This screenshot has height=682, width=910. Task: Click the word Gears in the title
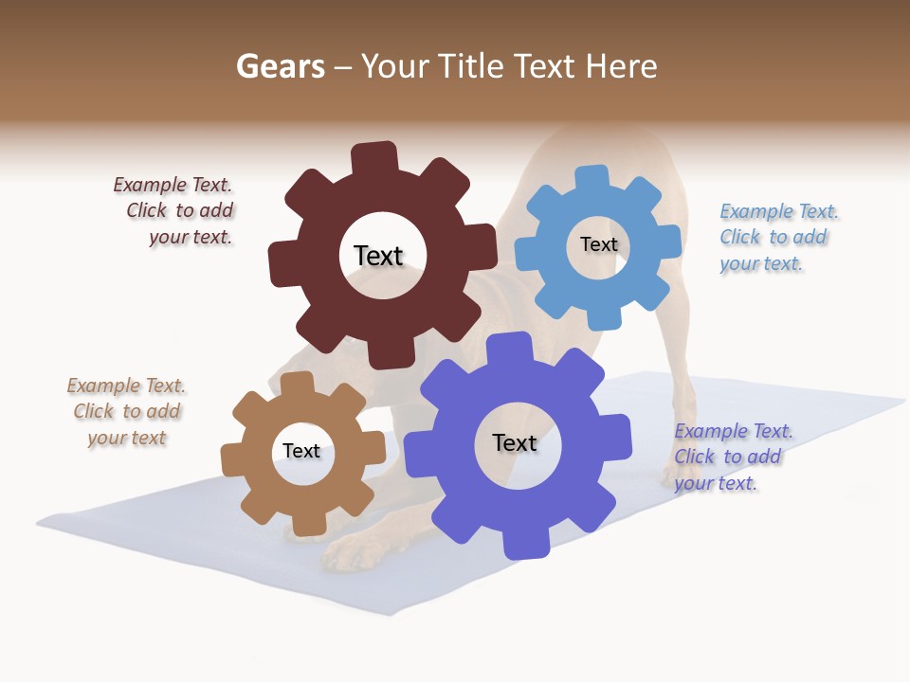click(x=280, y=66)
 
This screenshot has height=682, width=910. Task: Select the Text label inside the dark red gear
click(x=378, y=256)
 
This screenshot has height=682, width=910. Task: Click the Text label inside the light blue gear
click(x=598, y=244)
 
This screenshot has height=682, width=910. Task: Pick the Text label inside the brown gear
click(x=300, y=451)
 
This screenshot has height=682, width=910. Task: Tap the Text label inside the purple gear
click(x=514, y=442)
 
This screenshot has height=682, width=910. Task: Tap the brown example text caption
click(x=127, y=411)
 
